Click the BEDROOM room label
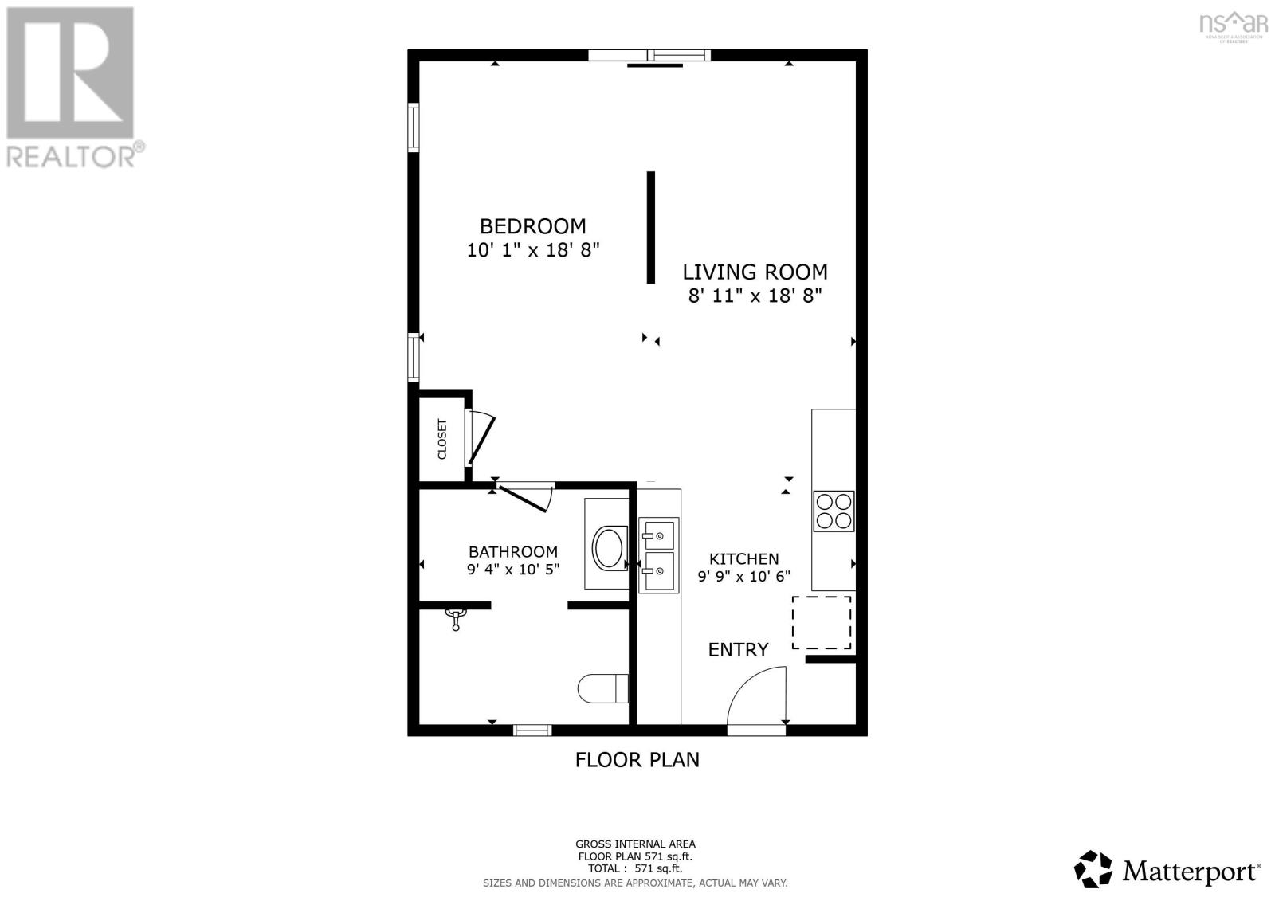[532, 226]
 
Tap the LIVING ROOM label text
[755, 272]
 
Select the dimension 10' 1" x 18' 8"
[532, 250]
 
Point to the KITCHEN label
[743, 559]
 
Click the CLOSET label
[442, 439]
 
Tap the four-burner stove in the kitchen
[834, 511]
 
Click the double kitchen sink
[658, 555]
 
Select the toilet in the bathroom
[602, 689]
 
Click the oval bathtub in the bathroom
[610, 548]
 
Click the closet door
[481, 439]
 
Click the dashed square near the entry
[822, 622]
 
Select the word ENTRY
[738, 650]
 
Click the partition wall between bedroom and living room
[650, 227]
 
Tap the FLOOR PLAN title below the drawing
[637, 760]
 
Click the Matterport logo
[1167, 870]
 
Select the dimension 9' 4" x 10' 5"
[512, 570]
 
